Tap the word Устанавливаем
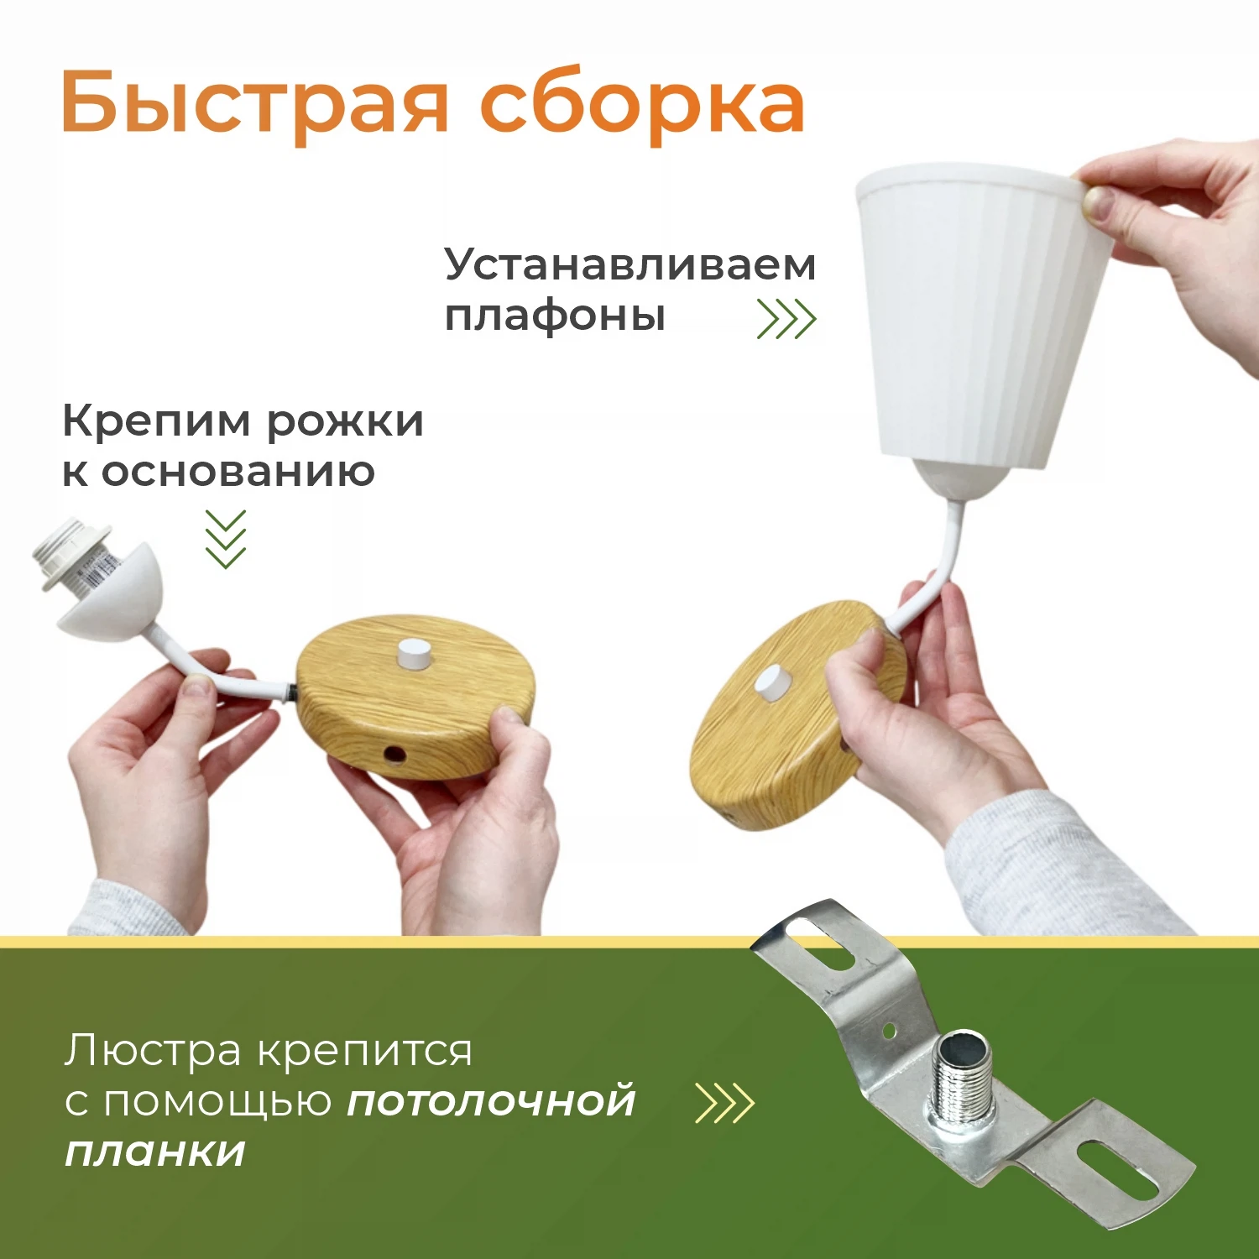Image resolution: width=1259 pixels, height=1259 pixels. click(x=629, y=266)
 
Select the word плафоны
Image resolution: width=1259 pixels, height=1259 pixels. click(x=555, y=317)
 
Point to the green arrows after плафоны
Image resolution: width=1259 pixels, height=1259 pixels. click(x=786, y=319)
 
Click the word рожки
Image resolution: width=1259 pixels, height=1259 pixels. click(x=345, y=421)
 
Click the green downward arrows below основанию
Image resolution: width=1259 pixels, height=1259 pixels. click(x=226, y=539)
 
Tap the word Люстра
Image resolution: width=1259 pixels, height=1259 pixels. click(x=153, y=1051)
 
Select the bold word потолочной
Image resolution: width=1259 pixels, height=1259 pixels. click(x=492, y=1101)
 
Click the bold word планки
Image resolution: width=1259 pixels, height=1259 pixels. click(x=155, y=1152)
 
